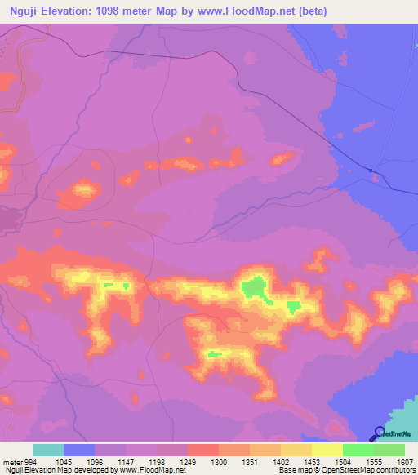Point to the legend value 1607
(406, 461)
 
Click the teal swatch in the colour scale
(48, 450)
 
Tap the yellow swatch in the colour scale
(327, 450)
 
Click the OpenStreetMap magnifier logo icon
(378, 433)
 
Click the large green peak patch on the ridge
(253, 286)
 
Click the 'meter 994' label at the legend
(18, 461)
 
